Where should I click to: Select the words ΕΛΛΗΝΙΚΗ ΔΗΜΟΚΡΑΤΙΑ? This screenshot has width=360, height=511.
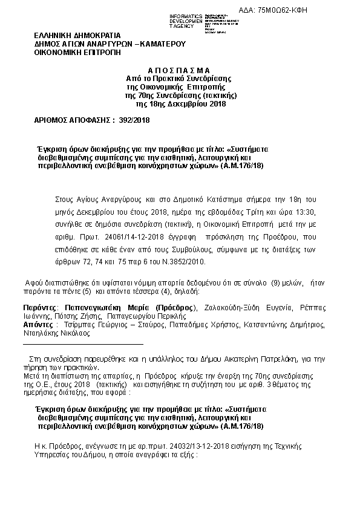point(77,36)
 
